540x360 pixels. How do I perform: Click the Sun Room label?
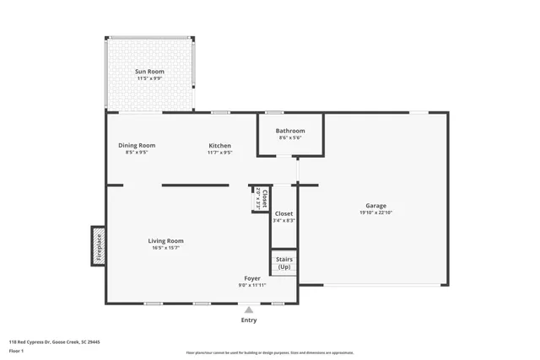149,72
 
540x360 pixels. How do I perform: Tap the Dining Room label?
137,145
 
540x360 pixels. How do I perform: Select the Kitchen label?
220,146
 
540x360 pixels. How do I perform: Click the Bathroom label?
290,131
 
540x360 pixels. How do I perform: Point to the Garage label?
375,206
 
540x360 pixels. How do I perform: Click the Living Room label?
166,240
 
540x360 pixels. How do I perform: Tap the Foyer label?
252,277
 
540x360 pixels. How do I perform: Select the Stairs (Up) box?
283,262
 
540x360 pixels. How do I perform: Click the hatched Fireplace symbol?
98,244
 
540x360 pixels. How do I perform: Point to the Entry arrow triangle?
249,310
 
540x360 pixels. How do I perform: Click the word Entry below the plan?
249,320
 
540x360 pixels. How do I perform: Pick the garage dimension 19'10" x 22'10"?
375,212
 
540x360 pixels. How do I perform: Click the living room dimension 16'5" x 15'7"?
166,248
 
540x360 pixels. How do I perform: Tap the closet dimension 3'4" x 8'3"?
283,221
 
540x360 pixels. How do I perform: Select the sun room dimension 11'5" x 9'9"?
149,78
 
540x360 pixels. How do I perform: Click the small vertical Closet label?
264,199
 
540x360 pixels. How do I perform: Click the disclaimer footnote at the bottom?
269,352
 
